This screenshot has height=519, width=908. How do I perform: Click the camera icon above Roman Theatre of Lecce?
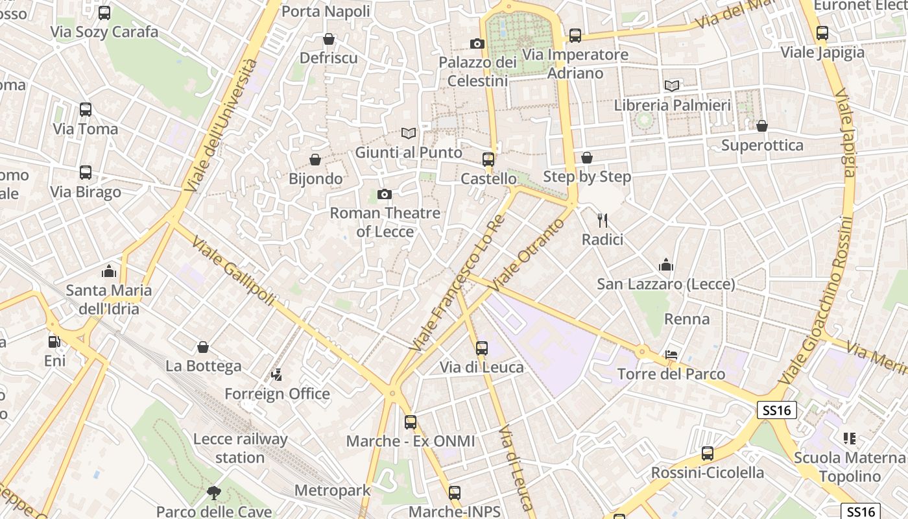385,194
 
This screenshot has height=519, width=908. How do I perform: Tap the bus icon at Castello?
488,160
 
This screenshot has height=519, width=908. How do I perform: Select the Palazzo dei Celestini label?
477,71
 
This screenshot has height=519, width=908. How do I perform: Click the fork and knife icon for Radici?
603,221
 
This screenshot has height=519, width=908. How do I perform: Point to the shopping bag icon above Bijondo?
315,160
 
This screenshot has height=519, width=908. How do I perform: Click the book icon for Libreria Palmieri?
672,86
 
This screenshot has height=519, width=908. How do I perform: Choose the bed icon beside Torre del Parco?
672,355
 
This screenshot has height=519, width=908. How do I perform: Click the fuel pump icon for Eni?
54,341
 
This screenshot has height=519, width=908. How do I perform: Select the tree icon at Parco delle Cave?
214,493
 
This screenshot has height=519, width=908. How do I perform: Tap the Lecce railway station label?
240,448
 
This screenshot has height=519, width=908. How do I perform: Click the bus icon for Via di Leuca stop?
482,348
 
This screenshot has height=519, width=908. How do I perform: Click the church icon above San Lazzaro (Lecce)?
665,265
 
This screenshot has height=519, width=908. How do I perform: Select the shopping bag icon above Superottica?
762,126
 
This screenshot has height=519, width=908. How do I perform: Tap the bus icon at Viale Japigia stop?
822,32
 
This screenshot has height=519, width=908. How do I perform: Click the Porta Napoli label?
326,11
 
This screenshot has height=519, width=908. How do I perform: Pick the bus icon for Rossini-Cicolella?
708,453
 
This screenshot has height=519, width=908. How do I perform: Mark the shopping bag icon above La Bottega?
203,347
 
